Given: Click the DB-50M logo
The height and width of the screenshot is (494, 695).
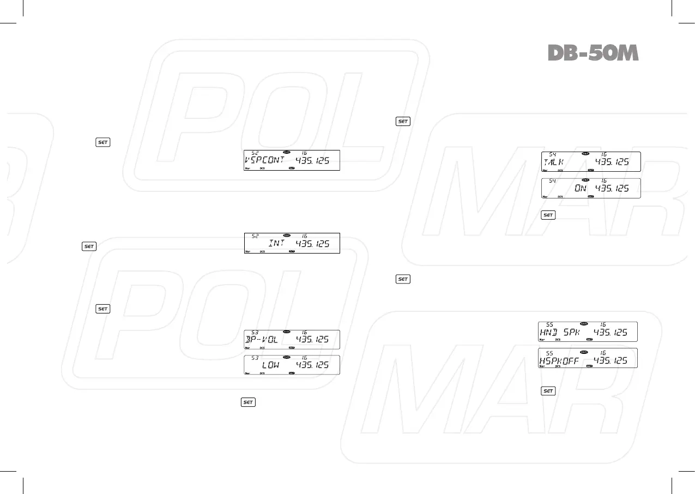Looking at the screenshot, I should pos(593,53).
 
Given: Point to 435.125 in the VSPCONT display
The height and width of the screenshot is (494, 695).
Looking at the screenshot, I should pos(313,160).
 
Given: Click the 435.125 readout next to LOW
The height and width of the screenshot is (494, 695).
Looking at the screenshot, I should pos(312,365).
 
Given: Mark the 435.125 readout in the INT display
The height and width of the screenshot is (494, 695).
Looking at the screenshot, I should pos(313,243).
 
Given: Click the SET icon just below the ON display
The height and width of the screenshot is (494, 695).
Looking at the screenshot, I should pos(548,215).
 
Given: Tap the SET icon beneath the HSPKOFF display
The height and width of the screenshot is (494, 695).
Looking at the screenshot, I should pos(548,391).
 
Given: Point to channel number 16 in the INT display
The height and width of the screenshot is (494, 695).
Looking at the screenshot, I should pos(304,236).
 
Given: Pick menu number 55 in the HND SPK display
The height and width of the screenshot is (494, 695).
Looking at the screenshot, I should pos(550,324).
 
